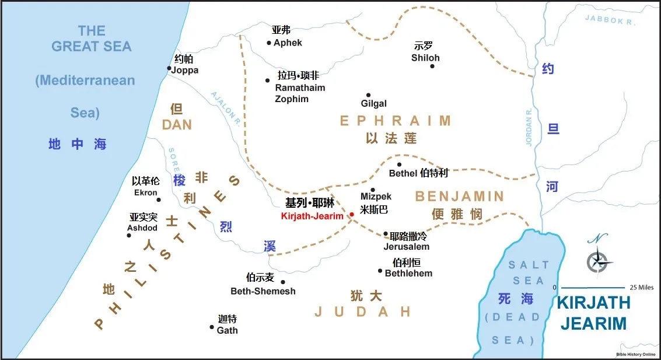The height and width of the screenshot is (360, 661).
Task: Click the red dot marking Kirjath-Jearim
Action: tap(351, 215)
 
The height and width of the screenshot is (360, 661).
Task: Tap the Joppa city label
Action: tap(185, 70)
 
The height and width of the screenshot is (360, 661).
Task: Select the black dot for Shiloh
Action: tap(432, 66)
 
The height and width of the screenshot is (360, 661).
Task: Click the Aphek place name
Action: tap(288, 43)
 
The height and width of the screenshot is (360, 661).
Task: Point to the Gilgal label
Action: tap(374, 104)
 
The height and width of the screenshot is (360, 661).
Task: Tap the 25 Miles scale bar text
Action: tap(642, 288)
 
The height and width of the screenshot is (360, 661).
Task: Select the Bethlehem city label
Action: tap(408, 273)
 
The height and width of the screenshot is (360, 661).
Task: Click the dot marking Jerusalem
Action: tap(385, 234)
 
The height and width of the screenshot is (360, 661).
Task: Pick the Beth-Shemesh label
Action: tap(263, 291)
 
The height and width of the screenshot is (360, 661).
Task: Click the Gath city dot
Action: tap(212, 327)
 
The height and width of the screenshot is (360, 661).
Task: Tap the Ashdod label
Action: tap(143, 228)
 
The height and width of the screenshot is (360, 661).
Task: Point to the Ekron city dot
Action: tap(159, 200)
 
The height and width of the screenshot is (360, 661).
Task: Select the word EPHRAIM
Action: tap(396, 121)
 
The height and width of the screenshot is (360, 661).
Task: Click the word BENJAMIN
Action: tap(459, 196)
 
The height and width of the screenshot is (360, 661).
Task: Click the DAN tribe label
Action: tap(177, 125)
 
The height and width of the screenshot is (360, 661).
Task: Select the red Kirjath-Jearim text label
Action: tap(312, 216)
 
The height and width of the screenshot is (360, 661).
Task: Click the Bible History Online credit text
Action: tap(635, 354)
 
